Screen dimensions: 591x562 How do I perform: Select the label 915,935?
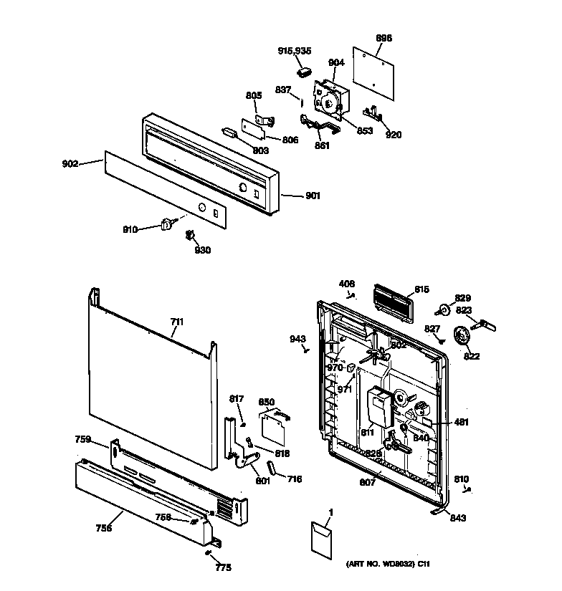click(294, 51)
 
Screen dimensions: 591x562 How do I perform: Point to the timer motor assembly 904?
click(330, 100)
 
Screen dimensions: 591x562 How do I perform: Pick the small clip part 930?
click(191, 234)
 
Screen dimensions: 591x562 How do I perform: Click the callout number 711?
click(177, 323)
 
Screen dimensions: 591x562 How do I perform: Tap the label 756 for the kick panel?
click(104, 529)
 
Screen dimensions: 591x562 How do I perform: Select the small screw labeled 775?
click(207, 553)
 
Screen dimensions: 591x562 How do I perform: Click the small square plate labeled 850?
click(271, 428)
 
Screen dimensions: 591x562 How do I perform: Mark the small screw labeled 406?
click(351, 294)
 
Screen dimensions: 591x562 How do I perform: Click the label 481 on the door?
click(462, 423)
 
